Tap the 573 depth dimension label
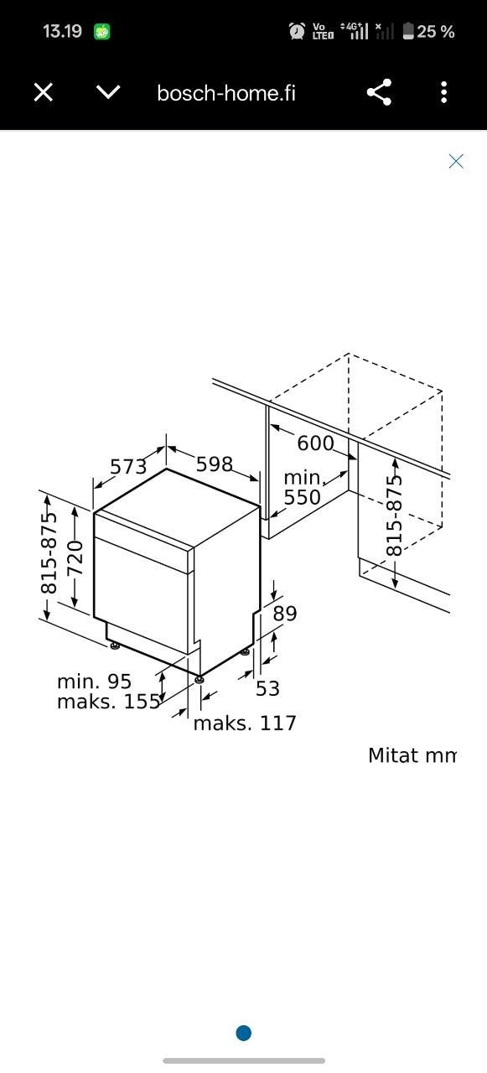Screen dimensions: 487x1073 pos(128,467)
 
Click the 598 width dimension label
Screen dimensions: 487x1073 pos(215,464)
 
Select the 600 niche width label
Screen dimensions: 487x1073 pos(315,443)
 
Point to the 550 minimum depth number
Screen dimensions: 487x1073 pos(302,497)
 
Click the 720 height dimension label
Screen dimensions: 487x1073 pos(75,557)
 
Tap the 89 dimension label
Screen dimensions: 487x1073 pos(285,614)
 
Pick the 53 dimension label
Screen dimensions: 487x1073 pos(267,689)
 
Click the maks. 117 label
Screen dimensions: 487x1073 pos(245,723)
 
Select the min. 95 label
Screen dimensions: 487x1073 pos(95,682)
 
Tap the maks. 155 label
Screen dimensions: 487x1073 pos(109,702)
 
